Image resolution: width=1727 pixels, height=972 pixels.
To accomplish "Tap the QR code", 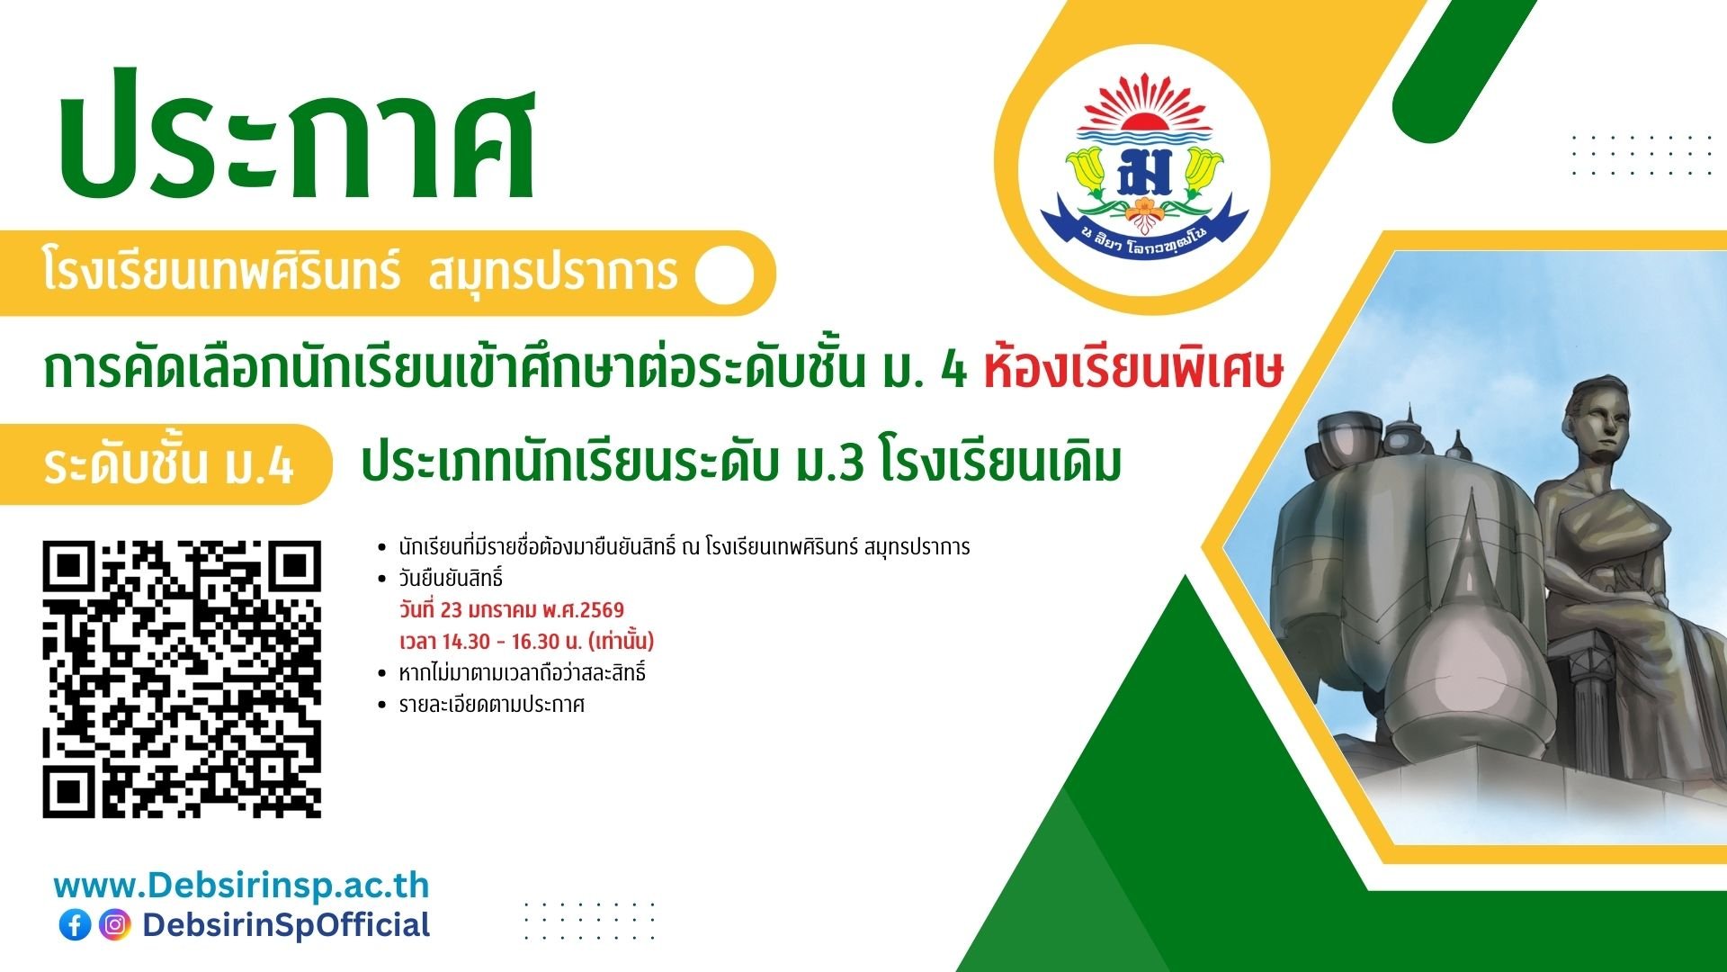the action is [182, 679].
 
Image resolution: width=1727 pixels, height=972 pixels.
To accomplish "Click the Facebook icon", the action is [76, 925].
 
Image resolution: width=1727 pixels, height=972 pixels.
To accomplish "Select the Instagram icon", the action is [115, 925].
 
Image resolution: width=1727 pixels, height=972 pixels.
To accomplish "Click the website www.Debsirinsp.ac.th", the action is [242, 886].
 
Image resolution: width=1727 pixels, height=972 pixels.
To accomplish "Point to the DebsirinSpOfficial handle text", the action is [286, 925].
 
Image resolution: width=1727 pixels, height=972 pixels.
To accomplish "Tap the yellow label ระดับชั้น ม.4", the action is [169, 465].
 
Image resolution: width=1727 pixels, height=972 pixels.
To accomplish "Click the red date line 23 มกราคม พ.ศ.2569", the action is [512, 610].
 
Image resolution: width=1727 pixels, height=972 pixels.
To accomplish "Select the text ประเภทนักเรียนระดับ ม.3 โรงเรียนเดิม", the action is [741, 463].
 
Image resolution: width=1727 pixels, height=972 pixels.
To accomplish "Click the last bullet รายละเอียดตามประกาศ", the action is [492, 705].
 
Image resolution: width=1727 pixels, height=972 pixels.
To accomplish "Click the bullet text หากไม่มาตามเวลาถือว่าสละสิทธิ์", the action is [523, 673].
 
